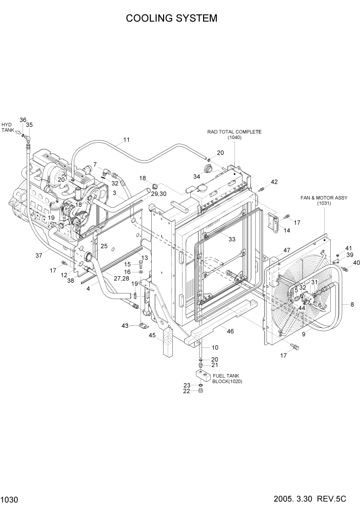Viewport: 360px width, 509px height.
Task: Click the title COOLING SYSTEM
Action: tap(171, 18)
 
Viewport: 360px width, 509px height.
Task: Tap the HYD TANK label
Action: tap(7, 128)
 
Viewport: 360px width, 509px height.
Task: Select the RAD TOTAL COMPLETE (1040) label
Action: tap(234, 134)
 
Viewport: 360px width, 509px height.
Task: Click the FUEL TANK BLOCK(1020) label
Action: tap(227, 379)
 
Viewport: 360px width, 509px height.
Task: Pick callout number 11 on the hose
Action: tap(126, 139)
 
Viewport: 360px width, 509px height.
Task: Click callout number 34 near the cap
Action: tap(196, 177)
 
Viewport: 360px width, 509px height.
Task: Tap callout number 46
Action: tap(230, 332)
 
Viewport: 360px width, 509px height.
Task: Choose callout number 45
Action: tap(152, 336)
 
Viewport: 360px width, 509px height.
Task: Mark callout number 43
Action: tap(125, 326)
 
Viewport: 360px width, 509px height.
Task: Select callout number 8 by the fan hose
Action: tap(352, 305)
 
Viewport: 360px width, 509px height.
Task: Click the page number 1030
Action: tap(9, 499)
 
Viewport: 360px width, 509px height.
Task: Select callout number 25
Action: tap(104, 246)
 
